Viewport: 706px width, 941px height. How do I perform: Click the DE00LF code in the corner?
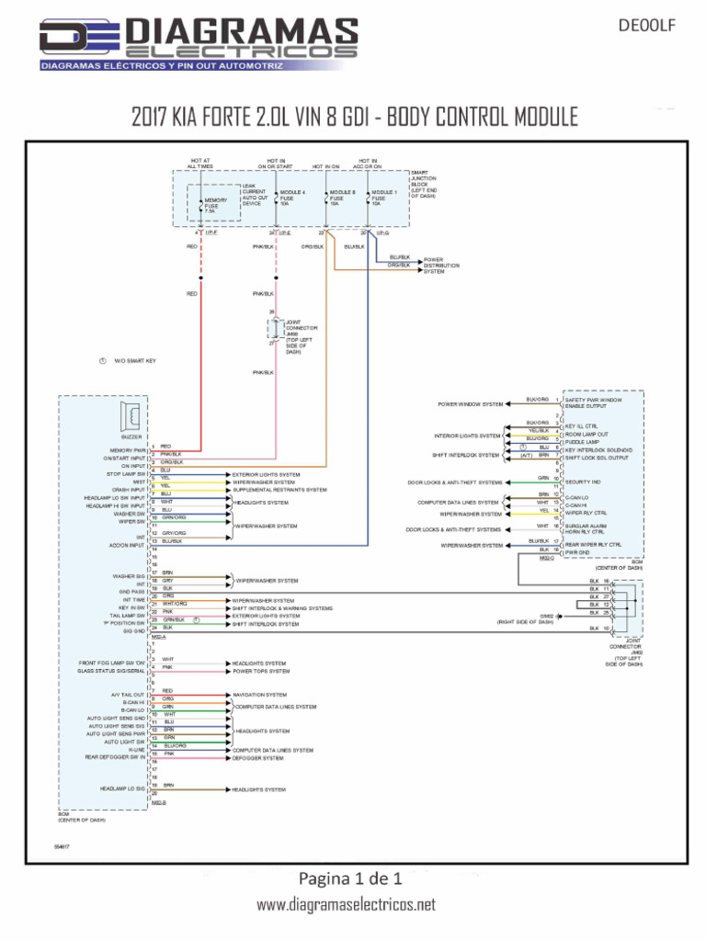[655, 26]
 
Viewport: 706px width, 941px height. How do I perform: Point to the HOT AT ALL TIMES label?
[199, 164]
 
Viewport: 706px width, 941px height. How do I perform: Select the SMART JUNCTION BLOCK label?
[424, 184]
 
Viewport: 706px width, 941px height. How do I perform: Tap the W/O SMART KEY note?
[134, 361]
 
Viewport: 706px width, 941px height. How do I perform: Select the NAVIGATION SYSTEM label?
[259, 695]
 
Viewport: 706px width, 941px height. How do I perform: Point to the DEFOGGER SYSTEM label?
[257, 758]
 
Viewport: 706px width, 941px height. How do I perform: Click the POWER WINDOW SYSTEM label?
[470, 404]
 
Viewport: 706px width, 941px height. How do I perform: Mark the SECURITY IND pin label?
[583, 482]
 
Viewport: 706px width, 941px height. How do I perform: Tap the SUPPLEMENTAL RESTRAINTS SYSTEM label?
[279, 490]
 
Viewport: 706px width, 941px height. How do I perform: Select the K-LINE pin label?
[137, 750]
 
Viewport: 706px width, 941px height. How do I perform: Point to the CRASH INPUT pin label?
[129, 490]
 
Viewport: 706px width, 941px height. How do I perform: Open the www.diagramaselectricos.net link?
[346, 905]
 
